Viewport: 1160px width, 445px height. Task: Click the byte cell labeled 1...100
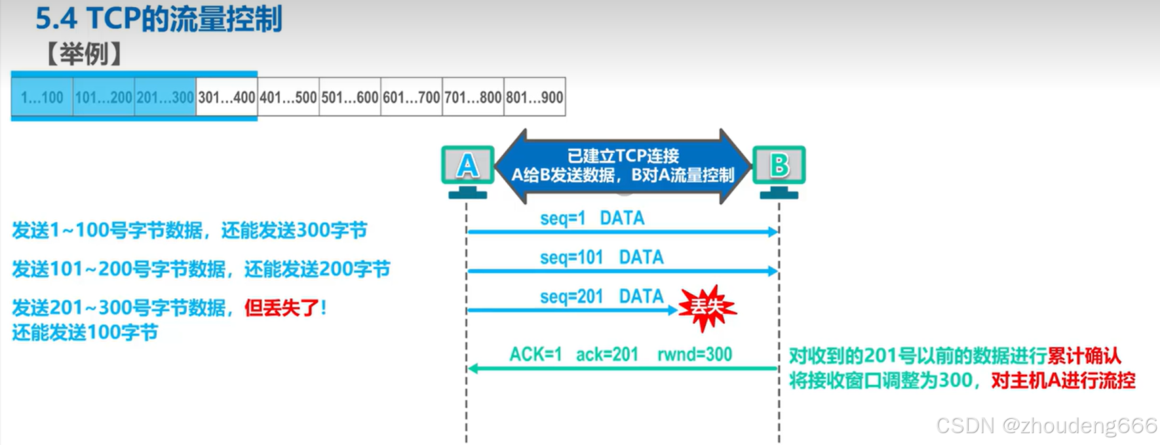click(42, 98)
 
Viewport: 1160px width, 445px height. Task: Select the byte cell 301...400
click(227, 98)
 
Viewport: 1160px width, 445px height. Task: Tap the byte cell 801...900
click(535, 98)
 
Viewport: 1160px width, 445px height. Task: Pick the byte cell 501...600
click(350, 98)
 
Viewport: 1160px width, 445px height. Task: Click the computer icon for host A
click(467, 170)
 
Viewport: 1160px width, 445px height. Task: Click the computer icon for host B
click(779, 170)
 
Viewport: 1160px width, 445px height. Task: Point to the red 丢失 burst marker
click(706, 307)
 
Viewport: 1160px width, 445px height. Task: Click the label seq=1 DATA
click(592, 218)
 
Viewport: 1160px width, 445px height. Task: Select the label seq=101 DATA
click(602, 258)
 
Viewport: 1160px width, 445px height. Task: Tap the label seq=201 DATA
click(602, 297)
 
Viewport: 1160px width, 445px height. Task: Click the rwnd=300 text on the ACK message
click(695, 355)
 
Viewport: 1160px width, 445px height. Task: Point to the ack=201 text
click(607, 355)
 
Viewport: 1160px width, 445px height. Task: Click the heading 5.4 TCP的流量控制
click(159, 19)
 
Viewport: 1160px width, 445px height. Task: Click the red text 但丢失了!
click(285, 307)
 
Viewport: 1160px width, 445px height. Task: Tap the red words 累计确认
click(1084, 356)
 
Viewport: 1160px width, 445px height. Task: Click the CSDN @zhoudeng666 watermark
click(1046, 425)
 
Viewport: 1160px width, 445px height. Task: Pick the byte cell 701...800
click(473, 98)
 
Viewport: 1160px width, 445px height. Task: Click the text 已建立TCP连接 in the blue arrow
click(623, 156)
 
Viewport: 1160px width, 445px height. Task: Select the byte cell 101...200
click(104, 98)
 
